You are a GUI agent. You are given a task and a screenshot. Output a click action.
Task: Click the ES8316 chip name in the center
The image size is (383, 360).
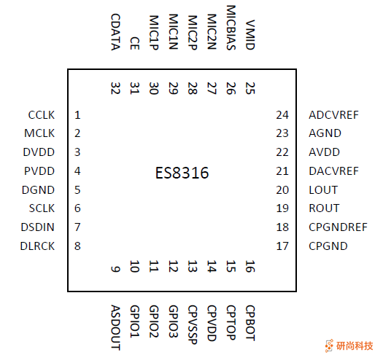182,173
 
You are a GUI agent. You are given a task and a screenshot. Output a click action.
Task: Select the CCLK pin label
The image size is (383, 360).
41,115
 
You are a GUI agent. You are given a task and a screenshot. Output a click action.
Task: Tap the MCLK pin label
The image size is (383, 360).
39,134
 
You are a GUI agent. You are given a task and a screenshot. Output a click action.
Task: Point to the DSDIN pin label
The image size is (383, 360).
37,227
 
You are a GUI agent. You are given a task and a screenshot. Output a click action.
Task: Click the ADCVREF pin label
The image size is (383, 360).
334,115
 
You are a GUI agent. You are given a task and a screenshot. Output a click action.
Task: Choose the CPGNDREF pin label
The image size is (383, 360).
338,227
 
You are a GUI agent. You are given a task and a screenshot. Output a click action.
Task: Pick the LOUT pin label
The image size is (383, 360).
323,190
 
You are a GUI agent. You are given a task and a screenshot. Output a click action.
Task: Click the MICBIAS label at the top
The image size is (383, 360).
231,28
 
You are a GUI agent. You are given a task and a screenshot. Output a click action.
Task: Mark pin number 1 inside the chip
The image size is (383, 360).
77,115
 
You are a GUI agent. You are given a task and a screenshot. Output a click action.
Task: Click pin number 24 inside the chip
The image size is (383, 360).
282,115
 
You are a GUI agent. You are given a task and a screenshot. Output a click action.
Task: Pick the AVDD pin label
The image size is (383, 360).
324,152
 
